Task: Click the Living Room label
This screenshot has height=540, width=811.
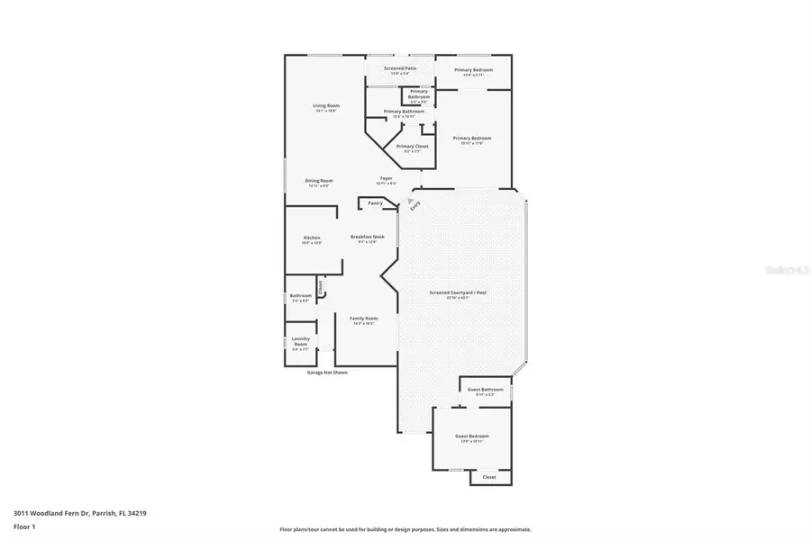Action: [x=325, y=106]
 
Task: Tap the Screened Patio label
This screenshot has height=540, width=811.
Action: [x=400, y=68]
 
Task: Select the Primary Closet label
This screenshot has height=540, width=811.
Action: [x=412, y=146]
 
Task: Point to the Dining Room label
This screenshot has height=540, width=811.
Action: [x=320, y=180]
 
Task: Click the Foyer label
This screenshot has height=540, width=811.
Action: [x=386, y=178]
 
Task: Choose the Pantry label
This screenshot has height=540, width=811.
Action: [x=375, y=203]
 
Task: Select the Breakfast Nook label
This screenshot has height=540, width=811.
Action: [x=368, y=237]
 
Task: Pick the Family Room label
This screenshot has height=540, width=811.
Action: [x=364, y=318]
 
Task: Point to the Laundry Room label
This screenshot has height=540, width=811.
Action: [x=300, y=341]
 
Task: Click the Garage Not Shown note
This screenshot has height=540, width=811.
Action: [x=326, y=372]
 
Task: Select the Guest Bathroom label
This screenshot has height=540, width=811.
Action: [x=485, y=390]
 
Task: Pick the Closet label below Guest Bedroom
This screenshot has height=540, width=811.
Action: [x=488, y=477]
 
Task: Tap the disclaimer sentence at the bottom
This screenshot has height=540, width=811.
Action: [x=405, y=529]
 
